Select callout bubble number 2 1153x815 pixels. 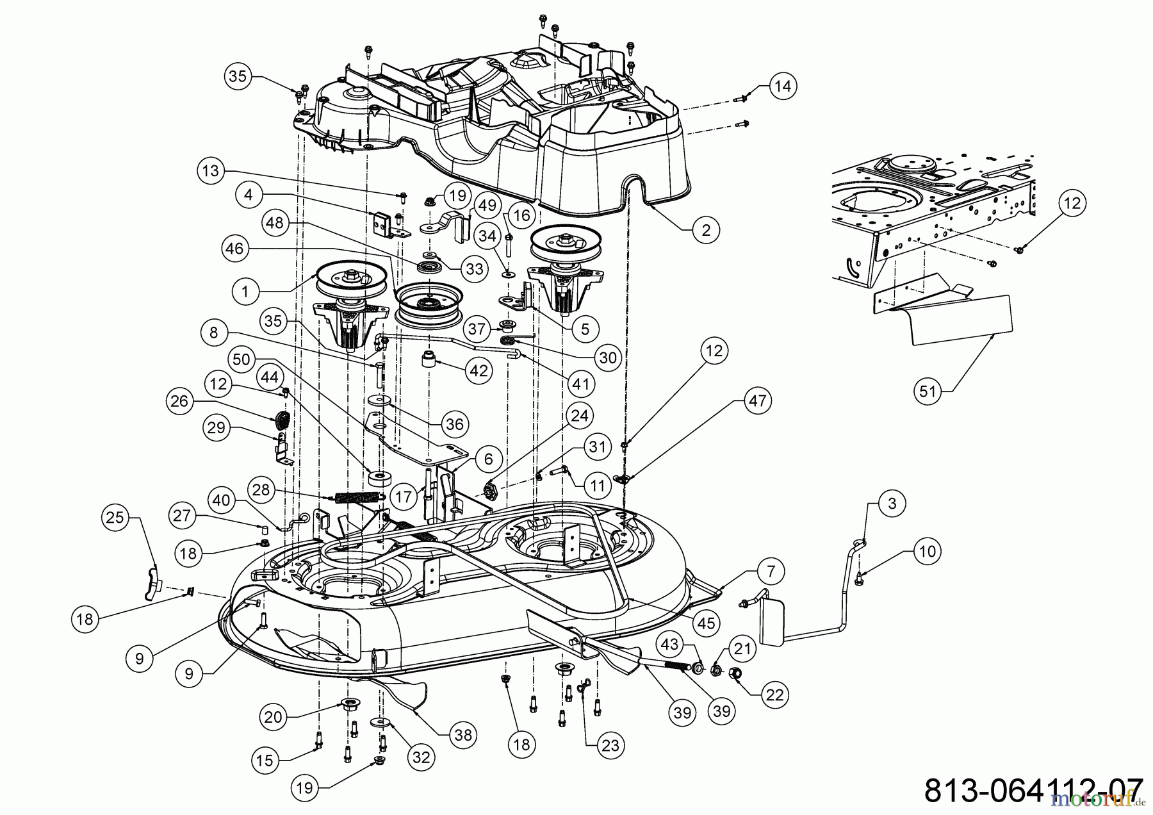tap(706, 230)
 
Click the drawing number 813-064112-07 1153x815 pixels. tap(1033, 790)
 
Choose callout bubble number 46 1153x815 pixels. tap(235, 248)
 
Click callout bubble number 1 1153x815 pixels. tap(245, 292)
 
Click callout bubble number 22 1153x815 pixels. tap(775, 695)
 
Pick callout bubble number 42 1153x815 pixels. tap(478, 371)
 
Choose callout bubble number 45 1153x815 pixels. tap(706, 622)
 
